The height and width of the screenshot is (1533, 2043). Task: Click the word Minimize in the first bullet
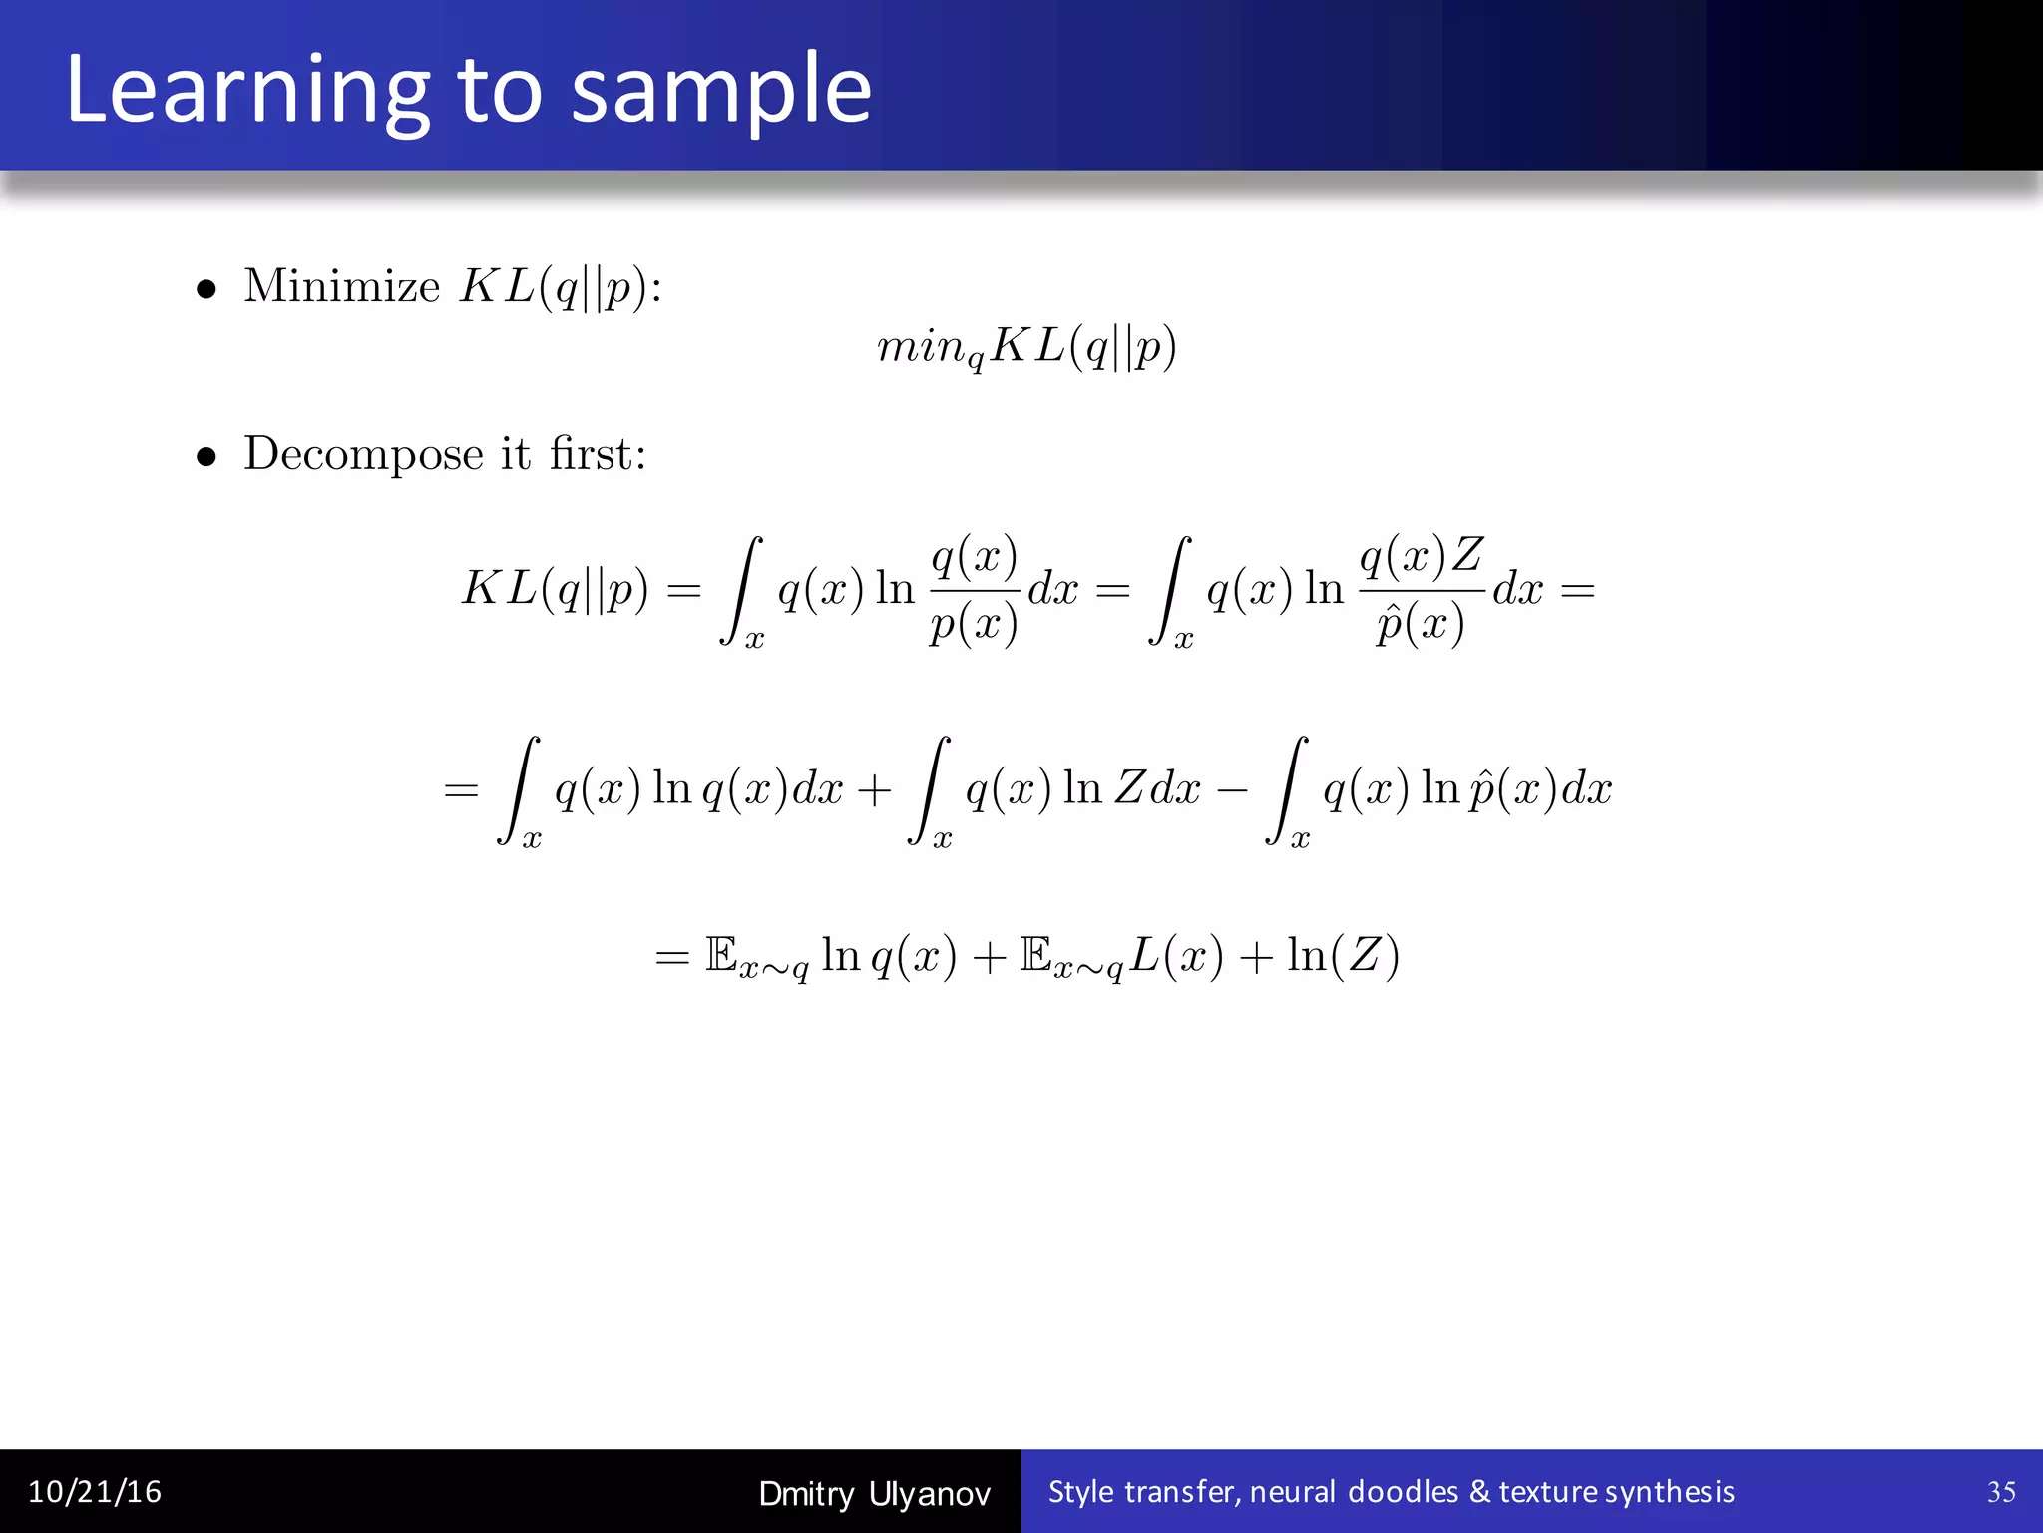tap(341, 287)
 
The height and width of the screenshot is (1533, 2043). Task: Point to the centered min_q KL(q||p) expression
tap(1026, 348)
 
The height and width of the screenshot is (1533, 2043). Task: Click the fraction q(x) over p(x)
tap(974, 589)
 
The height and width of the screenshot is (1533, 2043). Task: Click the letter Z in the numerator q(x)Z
tap(1466, 555)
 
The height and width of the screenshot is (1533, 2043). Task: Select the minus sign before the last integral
tap(1233, 790)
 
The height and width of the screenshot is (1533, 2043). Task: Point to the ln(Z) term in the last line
tap(1343, 956)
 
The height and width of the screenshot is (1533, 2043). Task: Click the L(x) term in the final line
tap(1176, 956)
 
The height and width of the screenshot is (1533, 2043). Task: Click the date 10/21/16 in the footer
tap(95, 1492)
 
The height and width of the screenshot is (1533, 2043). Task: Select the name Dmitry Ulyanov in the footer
tap(874, 1494)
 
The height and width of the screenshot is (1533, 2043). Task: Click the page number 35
tap(2001, 1492)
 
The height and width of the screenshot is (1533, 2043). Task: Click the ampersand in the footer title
tap(1479, 1492)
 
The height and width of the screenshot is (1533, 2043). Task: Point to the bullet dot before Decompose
tap(206, 458)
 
